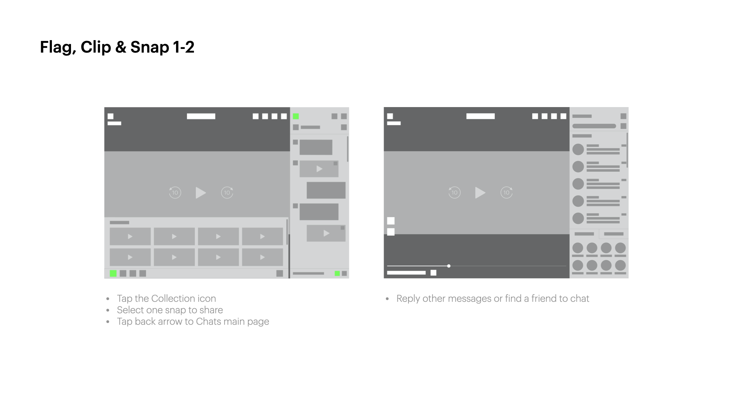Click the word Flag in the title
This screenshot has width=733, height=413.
tap(55, 47)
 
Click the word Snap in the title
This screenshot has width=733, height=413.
tap(150, 47)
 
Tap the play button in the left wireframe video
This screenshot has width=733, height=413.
tap(201, 193)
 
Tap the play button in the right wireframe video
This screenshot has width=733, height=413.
tap(480, 193)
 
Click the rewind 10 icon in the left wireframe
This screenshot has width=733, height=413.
tap(175, 192)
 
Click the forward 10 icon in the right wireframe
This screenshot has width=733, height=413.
tap(507, 192)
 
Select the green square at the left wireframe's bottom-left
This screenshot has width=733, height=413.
tap(113, 273)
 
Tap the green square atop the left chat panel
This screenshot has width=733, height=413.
tap(296, 116)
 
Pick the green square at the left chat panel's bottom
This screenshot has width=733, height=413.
tap(337, 273)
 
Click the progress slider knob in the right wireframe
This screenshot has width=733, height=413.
tap(449, 266)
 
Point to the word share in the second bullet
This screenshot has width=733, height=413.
tap(211, 310)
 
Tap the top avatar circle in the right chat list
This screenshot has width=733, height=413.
tap(578, 149)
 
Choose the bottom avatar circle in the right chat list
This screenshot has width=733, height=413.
tap(578, 218)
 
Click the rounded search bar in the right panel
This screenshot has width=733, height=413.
tap(594, 126)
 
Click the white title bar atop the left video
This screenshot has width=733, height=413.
tap(201, 116)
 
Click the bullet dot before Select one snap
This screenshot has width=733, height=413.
tap(108, 310)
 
